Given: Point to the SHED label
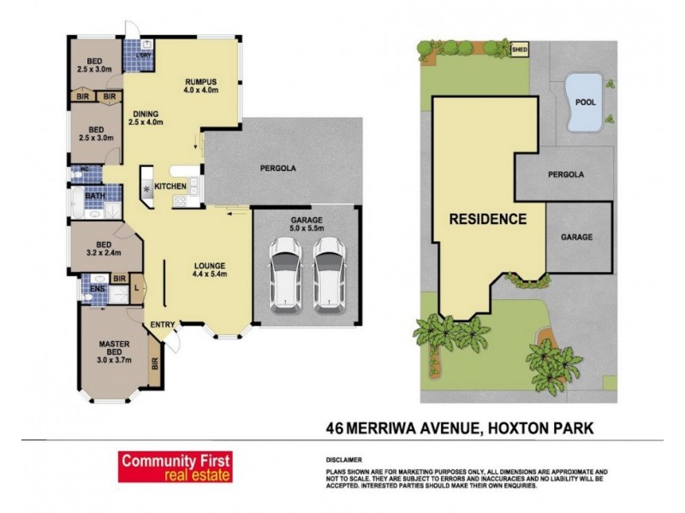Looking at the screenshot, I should pyautogui.click(x=520, y=50).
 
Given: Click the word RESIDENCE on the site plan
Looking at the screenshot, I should pyautogui.click(x=488, y=219).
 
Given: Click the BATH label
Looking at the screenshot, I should pyautogui.click(x=95, y=196).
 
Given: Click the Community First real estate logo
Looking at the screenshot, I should pyautogui.click(x=175, y=466).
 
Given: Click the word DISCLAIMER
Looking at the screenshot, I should pyautogui.click(x=344, y=459).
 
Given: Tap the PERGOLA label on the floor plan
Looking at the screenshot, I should pyautogui.click(x=278, y=168).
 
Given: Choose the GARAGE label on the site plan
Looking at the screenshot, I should pyautogui.click(x=576, y=237).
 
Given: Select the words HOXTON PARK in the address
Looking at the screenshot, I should pyautogui.click(x=544, y=426).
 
